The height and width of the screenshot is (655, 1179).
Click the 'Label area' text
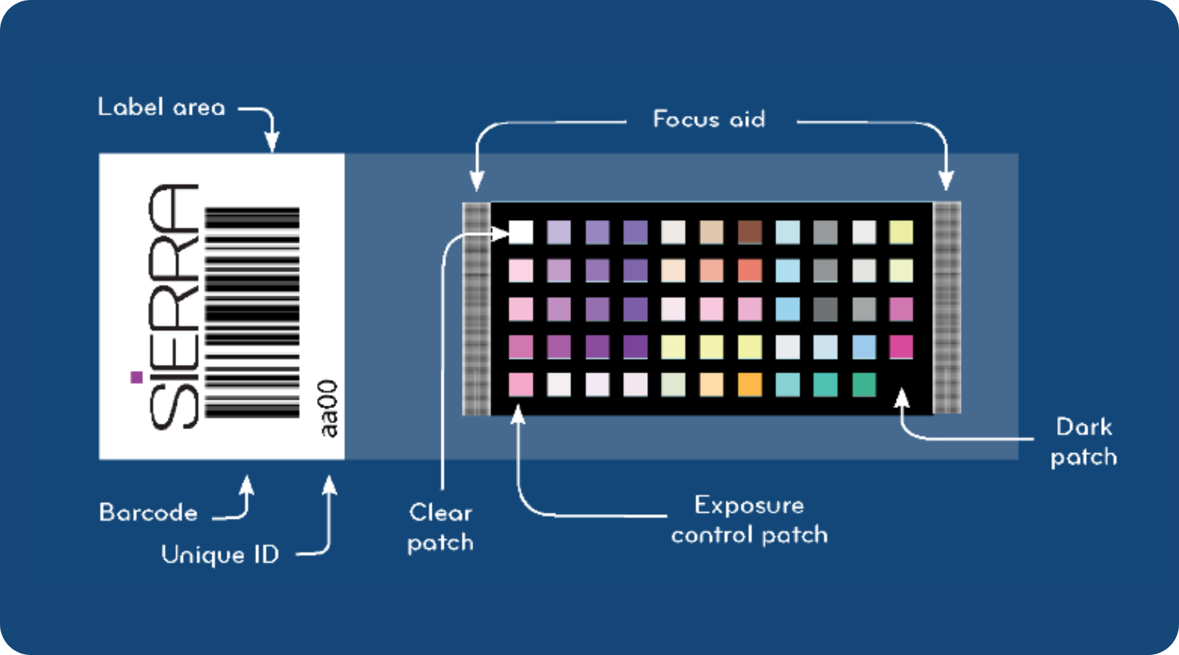tap(161, 107)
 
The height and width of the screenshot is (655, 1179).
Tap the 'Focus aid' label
tap(709, 119)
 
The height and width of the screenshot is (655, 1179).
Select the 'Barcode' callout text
tap(148, 512)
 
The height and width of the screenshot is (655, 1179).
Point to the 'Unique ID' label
tap(220, 555)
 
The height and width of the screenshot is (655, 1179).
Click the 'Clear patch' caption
tap(440, 527)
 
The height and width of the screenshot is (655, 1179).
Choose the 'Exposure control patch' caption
tap(749, 520)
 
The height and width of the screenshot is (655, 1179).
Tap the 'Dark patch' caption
tap(1084, 442)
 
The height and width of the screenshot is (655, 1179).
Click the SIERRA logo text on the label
tap(174, 307)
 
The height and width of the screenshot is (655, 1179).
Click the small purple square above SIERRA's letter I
tap(137, 377)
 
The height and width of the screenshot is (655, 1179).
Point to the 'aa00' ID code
tap(327, 408)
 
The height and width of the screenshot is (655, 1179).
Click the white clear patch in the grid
tap(521, 232)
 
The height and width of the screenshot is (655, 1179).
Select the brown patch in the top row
tap(750, 232)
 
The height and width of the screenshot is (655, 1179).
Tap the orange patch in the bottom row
tap(750, 384)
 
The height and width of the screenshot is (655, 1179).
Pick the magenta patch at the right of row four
tap(901, 346)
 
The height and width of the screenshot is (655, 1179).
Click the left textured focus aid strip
tap(476, 309)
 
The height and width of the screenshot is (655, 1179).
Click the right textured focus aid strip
tap(946, 308)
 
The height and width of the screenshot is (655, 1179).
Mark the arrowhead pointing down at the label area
tap(272, 142)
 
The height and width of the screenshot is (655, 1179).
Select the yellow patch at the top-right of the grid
tap(901, 232)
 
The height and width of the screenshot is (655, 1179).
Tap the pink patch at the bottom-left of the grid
tap(521, 384)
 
